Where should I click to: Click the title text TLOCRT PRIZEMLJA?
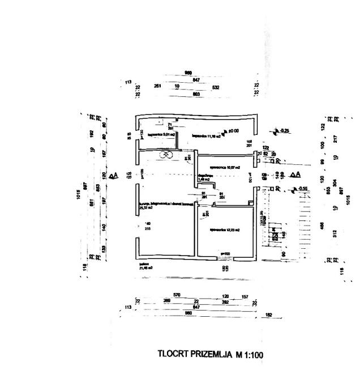coord(196,355)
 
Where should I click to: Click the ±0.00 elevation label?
coord(232,132)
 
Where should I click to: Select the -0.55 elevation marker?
coord(301,189)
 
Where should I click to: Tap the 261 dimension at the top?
coord(158,87)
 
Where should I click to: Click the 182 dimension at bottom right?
coord(269,314)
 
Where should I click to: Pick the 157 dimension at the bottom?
coord(245,296)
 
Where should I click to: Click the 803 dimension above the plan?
coord(197,93)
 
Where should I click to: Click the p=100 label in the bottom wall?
coord(224,253)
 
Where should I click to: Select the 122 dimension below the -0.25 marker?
coord(265,147)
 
